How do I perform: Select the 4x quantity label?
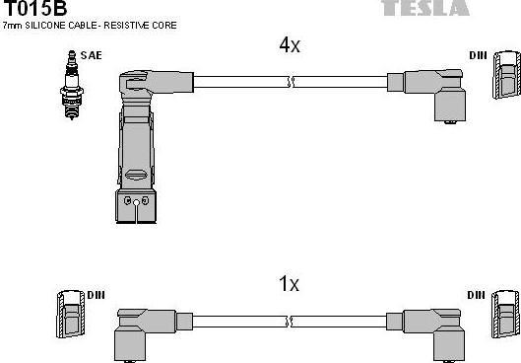point(290,45)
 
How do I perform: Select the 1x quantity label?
point(289,283)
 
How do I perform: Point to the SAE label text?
point(91,57)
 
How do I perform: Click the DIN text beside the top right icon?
point(477,57)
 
